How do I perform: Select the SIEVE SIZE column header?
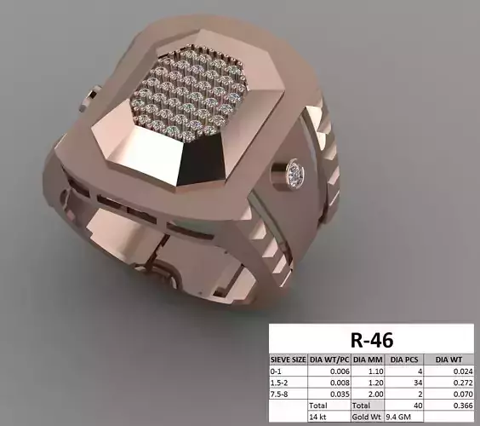point(288,360)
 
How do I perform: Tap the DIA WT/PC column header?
point(328,360)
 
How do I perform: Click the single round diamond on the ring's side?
point(295,170)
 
